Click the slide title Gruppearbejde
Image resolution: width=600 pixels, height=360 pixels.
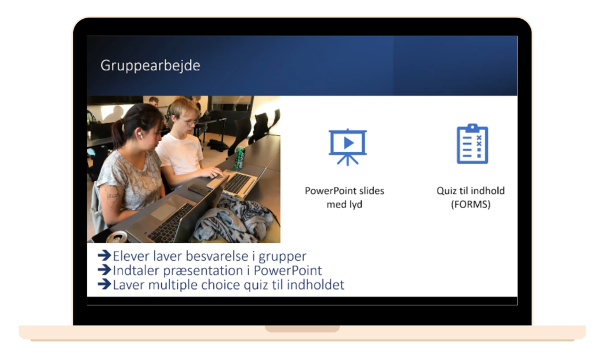click(150, 66)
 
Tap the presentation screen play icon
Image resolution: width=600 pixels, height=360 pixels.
click(347, 147)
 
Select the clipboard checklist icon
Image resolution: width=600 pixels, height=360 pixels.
click(472, 144)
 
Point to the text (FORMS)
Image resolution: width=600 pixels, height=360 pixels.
click(471, 204)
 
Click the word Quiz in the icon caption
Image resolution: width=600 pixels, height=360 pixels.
click(446, 191)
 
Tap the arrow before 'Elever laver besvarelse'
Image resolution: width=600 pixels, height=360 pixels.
click(104, 256)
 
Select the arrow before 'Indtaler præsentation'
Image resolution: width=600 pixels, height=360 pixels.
click(104, 270)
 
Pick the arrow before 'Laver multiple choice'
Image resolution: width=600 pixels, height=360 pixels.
click(104, 284)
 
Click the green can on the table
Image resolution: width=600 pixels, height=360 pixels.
click(240, 158)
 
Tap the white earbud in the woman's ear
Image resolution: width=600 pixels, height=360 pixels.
click(141, 135)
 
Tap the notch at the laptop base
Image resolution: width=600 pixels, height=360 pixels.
click(302, 329)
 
